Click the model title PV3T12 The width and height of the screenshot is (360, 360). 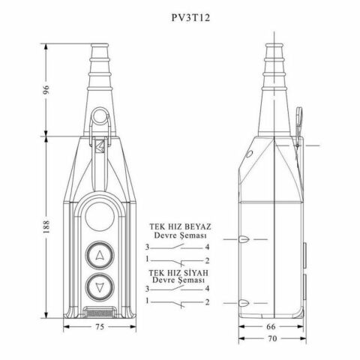pyautogui.click(x=190, y=18)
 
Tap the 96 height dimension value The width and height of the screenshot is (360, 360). pyautogui.click(x=46, y=90)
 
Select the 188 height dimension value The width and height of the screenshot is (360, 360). pyautogui.click(x=46, y=226)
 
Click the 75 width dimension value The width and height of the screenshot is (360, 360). pyautogui.click(x=100, y=327)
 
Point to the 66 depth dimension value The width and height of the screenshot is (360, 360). pyautogui.click(x=271, y=326)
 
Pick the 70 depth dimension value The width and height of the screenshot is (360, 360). pyautogui.click(x=272, y=338)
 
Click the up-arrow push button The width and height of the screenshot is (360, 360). pyautogui.click(x=100, y=255)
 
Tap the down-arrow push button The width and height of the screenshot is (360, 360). pyautogui.click(x=100, y=287)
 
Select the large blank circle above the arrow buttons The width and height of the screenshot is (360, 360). pyautogui.click(x=100, y=217)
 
